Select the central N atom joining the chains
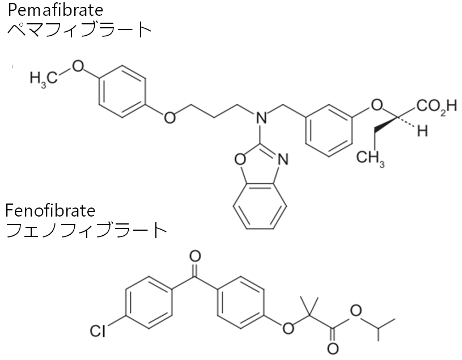pos(261,118)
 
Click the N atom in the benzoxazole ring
pos(283,160)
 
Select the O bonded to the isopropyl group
pos(356,310)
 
